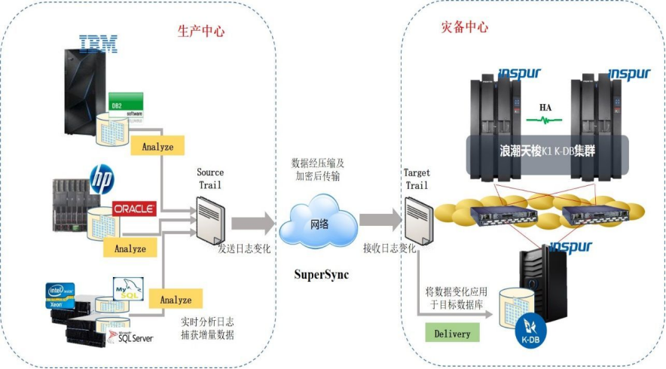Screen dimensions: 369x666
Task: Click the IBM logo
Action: click(98, 44)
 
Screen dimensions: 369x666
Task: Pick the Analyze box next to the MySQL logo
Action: click(176, 300)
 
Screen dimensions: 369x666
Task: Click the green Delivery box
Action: click(452, 333)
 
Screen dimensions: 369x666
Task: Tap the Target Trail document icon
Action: click(417, 219)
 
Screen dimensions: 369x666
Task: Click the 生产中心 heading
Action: click(201, 32)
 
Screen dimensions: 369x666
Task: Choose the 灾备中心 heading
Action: click(464, 27)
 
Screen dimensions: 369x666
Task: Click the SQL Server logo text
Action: click(133, 337)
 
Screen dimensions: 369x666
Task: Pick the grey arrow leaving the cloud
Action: click(380, 220)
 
